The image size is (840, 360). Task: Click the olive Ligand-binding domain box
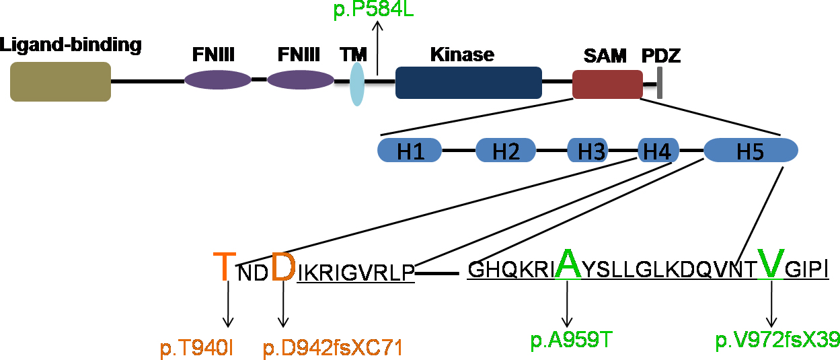pos(61,81)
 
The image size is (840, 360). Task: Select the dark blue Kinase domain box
pos(468,83)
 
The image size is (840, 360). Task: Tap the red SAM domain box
pos(607,84)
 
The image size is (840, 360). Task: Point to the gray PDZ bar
pos(660,83)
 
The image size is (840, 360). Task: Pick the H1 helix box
pos(410,150)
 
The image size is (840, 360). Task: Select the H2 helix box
pos(506,150)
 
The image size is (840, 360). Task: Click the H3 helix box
pos(587,150)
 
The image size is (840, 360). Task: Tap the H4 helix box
pos(657,150)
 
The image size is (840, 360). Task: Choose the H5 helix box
pos(751,150)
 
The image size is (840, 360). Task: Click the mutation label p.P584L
pos(373,10)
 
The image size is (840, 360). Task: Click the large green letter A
pos(568,264)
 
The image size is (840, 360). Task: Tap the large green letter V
pos(771,264)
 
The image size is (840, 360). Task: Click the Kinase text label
pos(462,54)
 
